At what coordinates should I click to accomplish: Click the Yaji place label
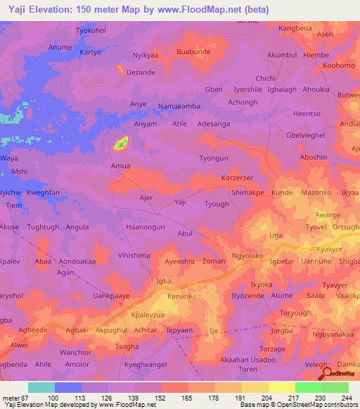(180, 202)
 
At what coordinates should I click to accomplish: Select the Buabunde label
(193, 51)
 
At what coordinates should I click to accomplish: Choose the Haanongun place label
(145, 227)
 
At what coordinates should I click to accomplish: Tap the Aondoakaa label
(75, 261)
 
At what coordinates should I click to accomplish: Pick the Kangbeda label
(295, 28)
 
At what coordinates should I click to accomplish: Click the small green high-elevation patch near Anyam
(121, 143)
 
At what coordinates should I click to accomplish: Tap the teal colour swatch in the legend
(41, 387)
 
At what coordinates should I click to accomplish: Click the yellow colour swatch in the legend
(281, 387)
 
